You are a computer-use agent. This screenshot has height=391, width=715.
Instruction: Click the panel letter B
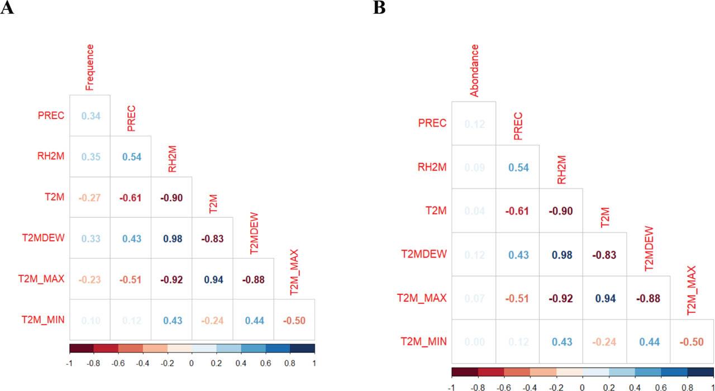click(x=379, y=8)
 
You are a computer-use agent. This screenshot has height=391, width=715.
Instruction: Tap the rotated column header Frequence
click(x=90, y=67)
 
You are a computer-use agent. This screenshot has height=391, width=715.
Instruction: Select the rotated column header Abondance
click(x=474, y=71)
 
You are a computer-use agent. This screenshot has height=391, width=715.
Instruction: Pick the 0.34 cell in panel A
click(x=90, y=116)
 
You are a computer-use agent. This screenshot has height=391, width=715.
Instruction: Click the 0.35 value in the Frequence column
click(x=90, y=156)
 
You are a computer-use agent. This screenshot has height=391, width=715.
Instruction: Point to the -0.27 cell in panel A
click(x=90, y=197)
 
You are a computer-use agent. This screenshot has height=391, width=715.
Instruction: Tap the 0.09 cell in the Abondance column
click(x=474, y=166)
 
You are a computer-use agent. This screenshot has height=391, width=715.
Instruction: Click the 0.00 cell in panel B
click(x=474, y=341)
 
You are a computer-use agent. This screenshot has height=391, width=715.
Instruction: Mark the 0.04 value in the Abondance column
click(x=474, y=211)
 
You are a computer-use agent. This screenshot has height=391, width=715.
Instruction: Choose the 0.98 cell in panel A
click(x=171, y=238)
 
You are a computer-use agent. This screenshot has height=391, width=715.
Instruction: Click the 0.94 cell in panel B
click(x=604, y=298)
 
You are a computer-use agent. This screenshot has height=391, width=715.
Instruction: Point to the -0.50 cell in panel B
click(x=692, y=341)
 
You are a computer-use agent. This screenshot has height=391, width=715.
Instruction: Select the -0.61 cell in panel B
click(x=517, y=211)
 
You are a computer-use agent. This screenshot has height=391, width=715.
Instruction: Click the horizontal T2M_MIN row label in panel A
click(x=46, y=320)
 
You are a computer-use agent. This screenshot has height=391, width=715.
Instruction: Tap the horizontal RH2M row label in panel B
click(x=432, y=166)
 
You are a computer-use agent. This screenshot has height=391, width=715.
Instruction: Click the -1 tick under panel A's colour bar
click(x=69, y=363)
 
